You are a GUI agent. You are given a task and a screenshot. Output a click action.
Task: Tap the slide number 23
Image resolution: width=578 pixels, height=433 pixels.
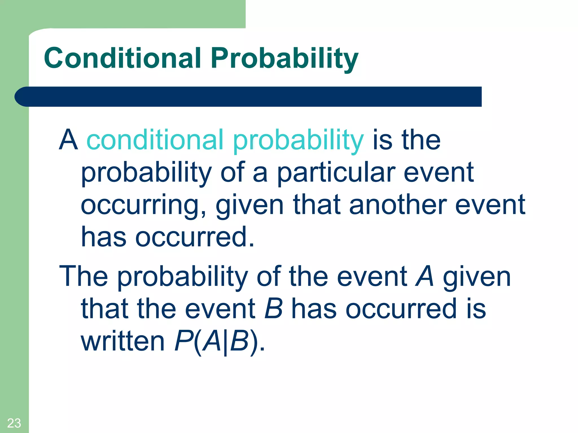(14, 423)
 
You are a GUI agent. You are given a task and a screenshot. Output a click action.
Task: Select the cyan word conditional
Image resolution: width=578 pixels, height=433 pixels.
(155, 140)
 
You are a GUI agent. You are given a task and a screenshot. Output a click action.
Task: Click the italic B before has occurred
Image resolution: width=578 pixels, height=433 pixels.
(273, 309)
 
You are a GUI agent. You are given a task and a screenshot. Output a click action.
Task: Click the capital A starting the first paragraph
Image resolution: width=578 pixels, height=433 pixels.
(68, 140)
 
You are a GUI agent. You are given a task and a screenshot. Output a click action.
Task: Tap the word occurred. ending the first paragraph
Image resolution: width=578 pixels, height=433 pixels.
(195, 237)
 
